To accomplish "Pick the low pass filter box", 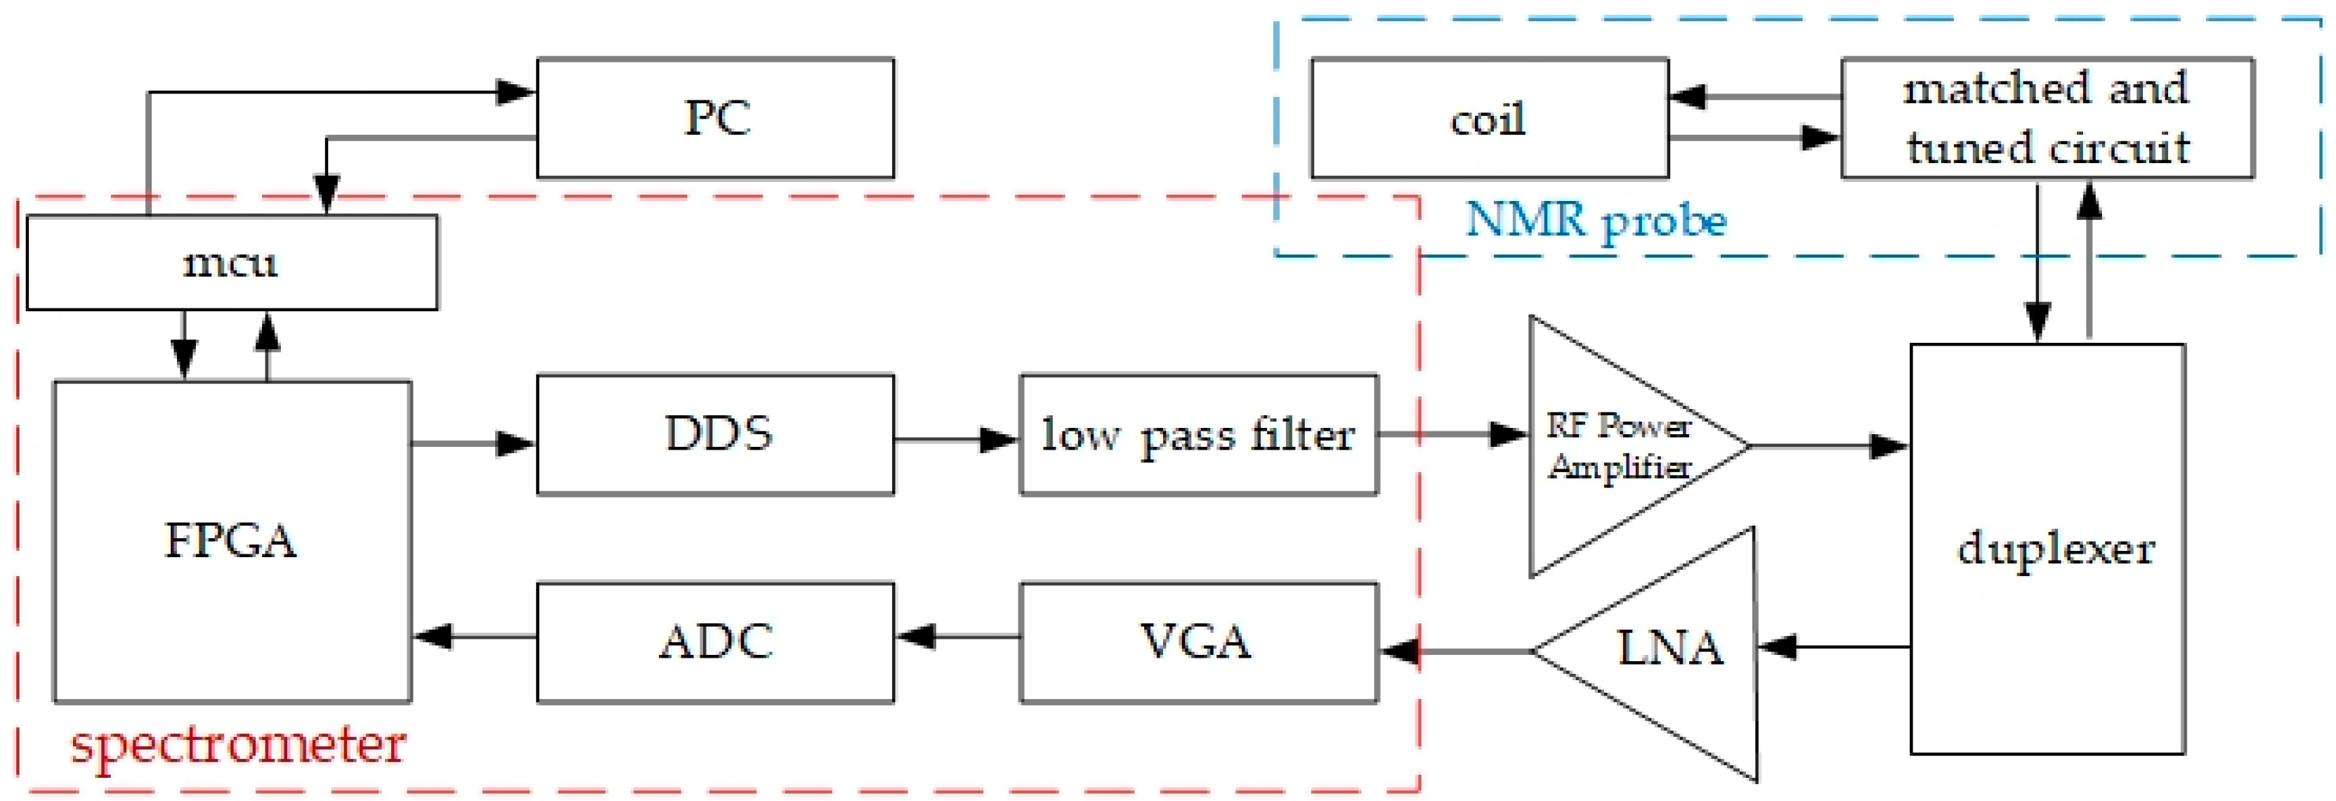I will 1198,434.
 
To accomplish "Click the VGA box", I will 1198,642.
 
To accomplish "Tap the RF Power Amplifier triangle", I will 1614,446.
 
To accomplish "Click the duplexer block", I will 2047,549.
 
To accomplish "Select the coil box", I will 1488,118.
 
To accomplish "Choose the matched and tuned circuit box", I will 2047,118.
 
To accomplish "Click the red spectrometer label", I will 237,745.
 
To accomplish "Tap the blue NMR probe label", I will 1596,221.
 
